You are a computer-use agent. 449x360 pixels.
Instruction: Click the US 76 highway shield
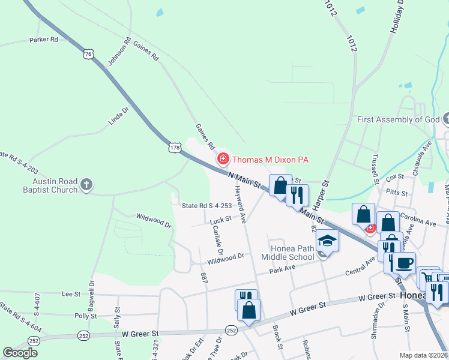point(88,54)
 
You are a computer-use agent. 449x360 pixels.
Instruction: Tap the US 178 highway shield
point(174,148)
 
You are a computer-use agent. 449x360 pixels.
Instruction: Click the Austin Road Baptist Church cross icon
point(86,184)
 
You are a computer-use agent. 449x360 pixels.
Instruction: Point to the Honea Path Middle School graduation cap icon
point(327,241)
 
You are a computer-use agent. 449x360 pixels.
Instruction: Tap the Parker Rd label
point(43,40)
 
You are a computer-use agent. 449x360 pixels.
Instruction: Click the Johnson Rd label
point(119,53)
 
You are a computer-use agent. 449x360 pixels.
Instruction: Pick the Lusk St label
point(220,220)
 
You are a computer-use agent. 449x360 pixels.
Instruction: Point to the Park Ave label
point(283,268)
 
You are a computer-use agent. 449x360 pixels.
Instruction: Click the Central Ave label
point(360,267)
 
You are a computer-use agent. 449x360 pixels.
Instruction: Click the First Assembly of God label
point(399,119)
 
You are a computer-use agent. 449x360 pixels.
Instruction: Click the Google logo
point(20,353)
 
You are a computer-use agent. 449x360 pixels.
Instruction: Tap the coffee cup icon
point(404,263)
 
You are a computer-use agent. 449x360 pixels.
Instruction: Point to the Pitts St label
point(397,194)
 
